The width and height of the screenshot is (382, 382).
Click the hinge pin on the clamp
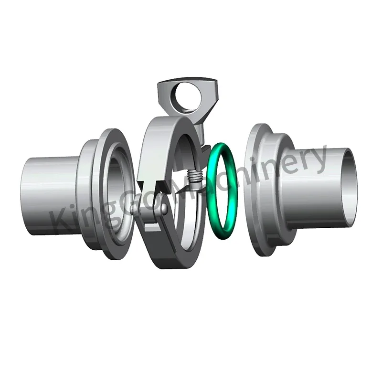point(162,208)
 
